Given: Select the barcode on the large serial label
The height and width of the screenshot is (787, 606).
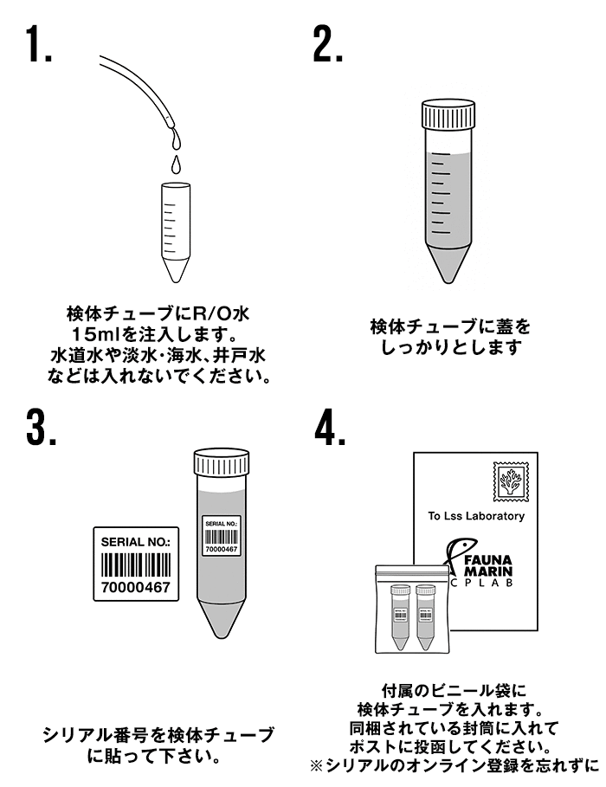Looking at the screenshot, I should [137, 564].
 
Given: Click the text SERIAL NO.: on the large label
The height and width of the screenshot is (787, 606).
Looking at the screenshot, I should [136, 541].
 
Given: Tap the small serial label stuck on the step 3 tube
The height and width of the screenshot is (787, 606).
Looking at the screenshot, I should [221, 537].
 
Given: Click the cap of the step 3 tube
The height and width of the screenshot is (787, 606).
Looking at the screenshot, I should [221, 463].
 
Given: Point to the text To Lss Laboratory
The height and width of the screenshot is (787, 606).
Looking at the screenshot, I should [476, 517].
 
